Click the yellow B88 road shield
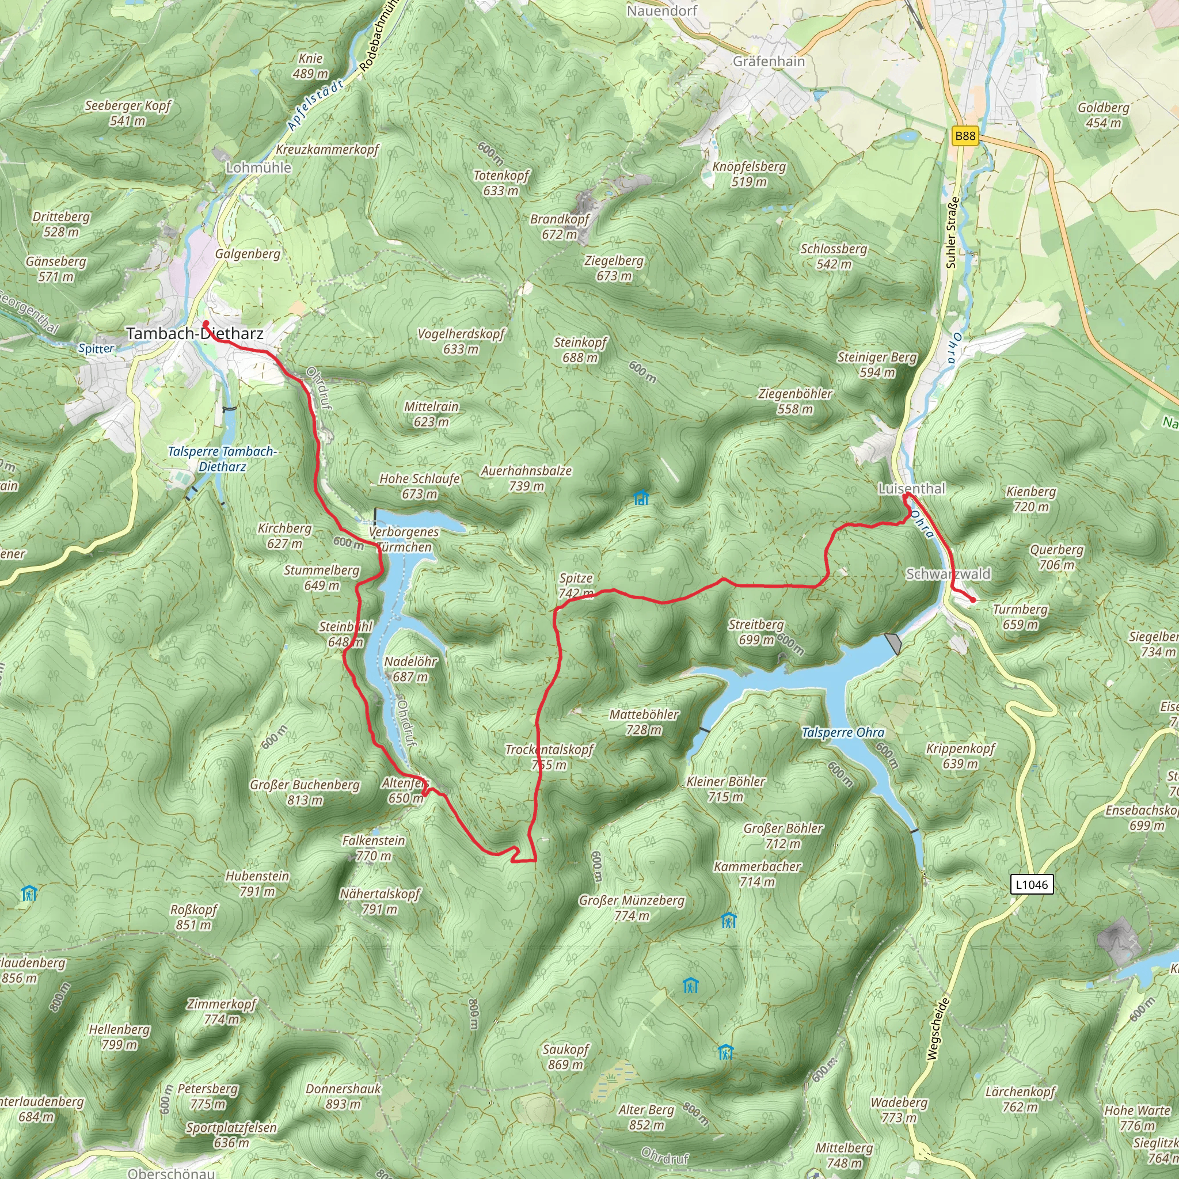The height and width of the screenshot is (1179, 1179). click(x=965, y=136)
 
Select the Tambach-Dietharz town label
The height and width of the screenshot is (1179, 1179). click(x=195, y=333)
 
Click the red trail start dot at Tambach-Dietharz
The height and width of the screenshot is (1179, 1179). click(x=206, y=324)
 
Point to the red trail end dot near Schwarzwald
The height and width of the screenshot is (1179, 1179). click(x=972, y=600)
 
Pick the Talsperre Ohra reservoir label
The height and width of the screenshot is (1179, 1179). click(x=843, y=732)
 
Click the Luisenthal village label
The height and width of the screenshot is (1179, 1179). click(x=911, y=488)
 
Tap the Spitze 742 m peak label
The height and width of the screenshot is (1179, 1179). click(x=576, y=585)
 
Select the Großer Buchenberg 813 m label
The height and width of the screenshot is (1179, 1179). click(x=305, y=792)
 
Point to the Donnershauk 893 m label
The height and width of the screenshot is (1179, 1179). click(x=343, y=1097)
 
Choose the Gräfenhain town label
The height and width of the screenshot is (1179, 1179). click(x=769, y=62)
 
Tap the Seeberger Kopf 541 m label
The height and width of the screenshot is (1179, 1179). click(x=128, y=113)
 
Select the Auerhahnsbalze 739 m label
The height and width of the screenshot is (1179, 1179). click(x=526, y=478)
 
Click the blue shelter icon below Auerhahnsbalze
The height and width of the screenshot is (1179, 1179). click(x=641, y=498)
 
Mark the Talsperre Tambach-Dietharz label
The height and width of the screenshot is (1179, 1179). click(x=222, y=459)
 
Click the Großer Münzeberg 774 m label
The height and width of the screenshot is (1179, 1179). click(x=632, y=907)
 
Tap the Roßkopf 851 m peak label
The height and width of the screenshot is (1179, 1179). click(x=193, y=917)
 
